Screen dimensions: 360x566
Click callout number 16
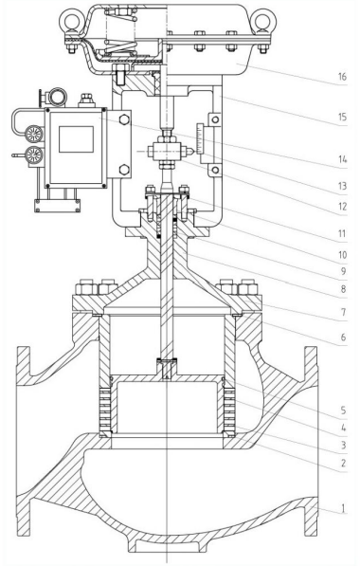click(342, 77)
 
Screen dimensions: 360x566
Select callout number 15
click(342, 117)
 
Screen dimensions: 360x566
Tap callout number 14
click(342, 159)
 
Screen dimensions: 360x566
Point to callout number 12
click(342, 207)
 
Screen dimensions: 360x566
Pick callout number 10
click(342, 255)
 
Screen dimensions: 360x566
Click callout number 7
click(343, 312)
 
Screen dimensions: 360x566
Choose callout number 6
click(343, 338)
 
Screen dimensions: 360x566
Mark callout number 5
click(343, 411)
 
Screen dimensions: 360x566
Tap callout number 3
click(343, 445)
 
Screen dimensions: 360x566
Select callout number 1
click(343, 508)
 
